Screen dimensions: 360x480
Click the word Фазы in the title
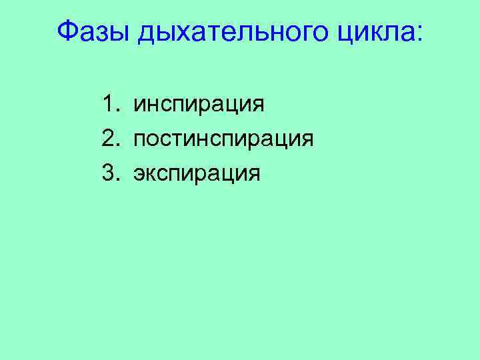click(93, 31)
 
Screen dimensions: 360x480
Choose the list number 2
click(109, 139)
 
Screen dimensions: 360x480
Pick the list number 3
click(109, 173)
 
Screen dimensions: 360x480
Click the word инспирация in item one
click(199, 105)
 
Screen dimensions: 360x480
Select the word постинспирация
click(223, 140)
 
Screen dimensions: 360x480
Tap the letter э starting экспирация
click(139, 175)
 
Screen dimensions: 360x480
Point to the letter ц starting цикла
click(337, 34)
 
